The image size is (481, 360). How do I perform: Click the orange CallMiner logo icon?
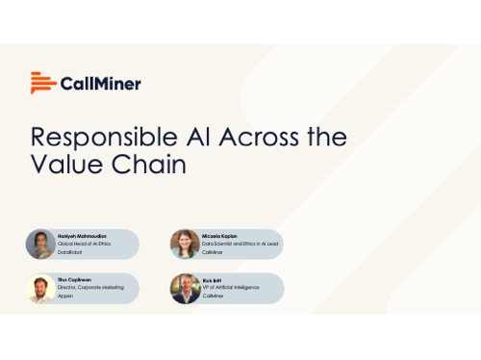pyautogui.click(x=41, y=83)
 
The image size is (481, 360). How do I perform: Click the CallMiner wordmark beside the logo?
pyautogui.click(x=100, y=84)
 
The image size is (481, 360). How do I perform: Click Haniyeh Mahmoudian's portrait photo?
pyautogui.click(x=40, y=244)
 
